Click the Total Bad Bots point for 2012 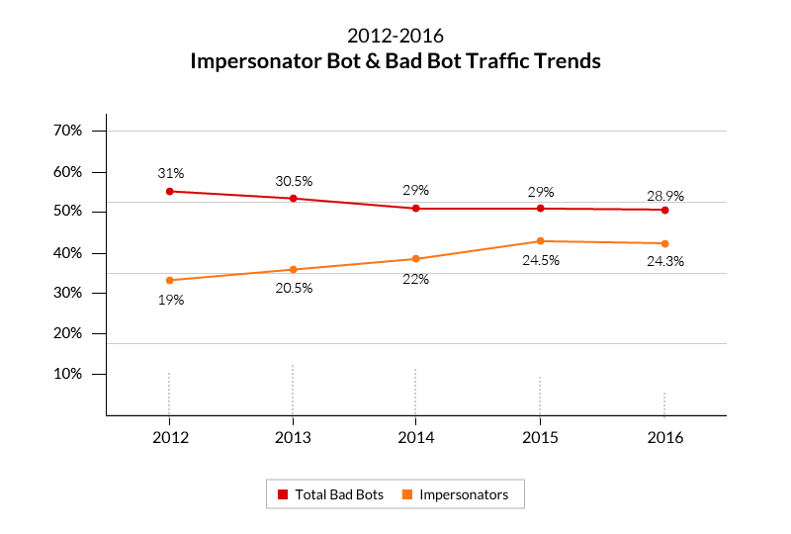tap(170, 191)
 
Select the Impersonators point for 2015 tap(540, 241)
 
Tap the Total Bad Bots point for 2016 tap(665, 210)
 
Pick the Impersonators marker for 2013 tap(293, 269)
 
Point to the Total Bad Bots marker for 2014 tap(416, 209)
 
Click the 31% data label tap(171, 173)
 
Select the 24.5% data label tap(541, 261)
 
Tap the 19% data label tap(171, 300)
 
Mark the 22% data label tap(415, 279)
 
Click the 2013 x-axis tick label tap(293, 437)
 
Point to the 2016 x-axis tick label tap(664, 437)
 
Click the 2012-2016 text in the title tap(395, 38)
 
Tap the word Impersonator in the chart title tap(259, 61)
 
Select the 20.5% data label tap(294, 288)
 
